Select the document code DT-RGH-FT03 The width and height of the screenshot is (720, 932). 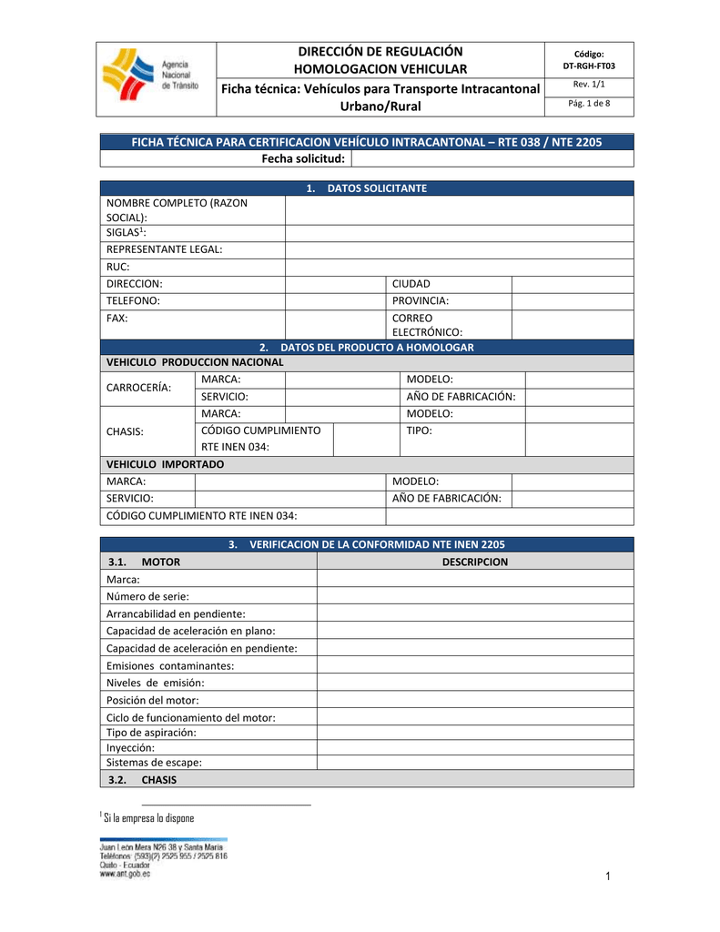point(589,66)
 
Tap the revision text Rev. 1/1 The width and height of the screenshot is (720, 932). point(589,86)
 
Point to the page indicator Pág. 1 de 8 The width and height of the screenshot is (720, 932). point(589,104)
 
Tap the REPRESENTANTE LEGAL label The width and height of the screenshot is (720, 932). point(164,248)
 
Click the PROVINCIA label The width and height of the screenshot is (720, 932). point(421,300)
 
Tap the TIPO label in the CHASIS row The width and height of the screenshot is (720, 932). point(419,430)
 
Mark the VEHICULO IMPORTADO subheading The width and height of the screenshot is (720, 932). point(166,464)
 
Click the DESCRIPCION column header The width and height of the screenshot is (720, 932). point(474,562)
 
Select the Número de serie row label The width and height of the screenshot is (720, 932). point(147,596)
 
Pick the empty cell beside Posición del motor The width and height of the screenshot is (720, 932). point(474,700)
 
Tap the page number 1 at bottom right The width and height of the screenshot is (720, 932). point(604,876)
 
